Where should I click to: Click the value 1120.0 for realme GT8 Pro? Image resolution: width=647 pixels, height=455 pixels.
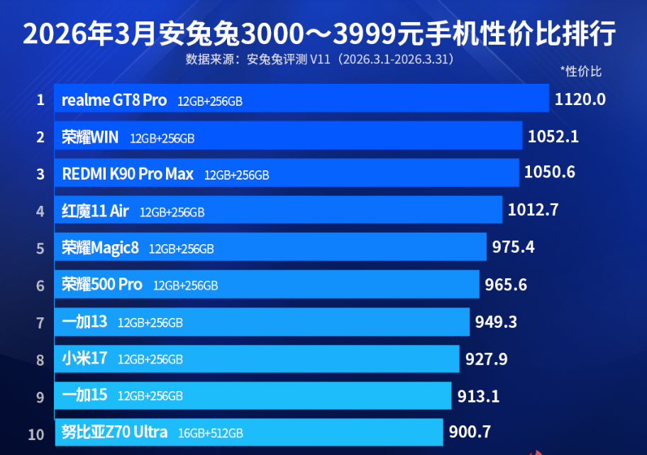pyautogui.click(x=580, y=99)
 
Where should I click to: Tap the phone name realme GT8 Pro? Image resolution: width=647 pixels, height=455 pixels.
pyautogui.click(x=114, y=100)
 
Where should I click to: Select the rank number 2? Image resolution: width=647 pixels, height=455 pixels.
pyautogui.click(x=40, y=137)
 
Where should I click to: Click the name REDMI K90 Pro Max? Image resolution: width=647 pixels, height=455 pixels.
pyautogui.click(x=128, y=174)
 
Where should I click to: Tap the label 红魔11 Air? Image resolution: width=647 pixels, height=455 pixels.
pyautogui.click(x=95, y=211)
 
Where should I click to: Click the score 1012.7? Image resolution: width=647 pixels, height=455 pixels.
pyautogui.click(x=533, y=210)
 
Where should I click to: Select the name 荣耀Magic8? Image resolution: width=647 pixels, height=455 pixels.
pyautogui.click(x=100, y=248)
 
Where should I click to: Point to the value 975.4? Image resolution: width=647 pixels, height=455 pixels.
pyautogui.click(x=513, y=248)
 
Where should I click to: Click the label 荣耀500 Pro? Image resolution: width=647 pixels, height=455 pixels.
pyautogui.click(x=102, y=285)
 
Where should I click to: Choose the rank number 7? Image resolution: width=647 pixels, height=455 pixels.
pyautogui.click(x=40, y=322)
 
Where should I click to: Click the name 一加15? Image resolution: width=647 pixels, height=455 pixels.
pyautogui.click(x=84, y=395)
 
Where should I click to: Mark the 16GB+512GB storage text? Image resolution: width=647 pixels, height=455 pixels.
pyautogui.click(x=211, y=433)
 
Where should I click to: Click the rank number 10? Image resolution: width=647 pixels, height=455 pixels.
pyautogui.click(x=37, y=434)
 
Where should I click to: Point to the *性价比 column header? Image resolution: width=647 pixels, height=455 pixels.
pyautogui.click(x=581, y=71)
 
